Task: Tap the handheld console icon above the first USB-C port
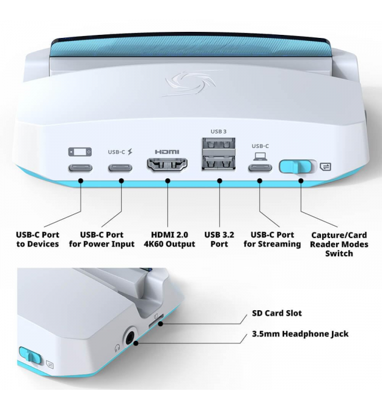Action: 80,152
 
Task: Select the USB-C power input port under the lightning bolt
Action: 120,168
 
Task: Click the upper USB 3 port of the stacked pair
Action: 219,144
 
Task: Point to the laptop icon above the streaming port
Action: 260,157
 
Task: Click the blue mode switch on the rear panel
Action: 295,166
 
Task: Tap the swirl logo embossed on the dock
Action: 191,83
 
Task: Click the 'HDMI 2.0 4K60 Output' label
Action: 169,239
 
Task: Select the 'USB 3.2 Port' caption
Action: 219,239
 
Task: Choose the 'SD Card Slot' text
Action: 277,313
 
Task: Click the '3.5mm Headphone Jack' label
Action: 300,334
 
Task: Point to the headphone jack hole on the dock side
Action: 130,337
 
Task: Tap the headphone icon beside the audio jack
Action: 117,348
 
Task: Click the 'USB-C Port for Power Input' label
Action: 101,239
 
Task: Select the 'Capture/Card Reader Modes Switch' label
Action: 339,244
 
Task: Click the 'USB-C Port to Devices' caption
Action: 38,239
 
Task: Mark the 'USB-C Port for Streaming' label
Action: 272,239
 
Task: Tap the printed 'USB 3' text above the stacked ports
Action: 219,132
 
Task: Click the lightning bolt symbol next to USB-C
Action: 130,152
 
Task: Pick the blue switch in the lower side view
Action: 31,356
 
